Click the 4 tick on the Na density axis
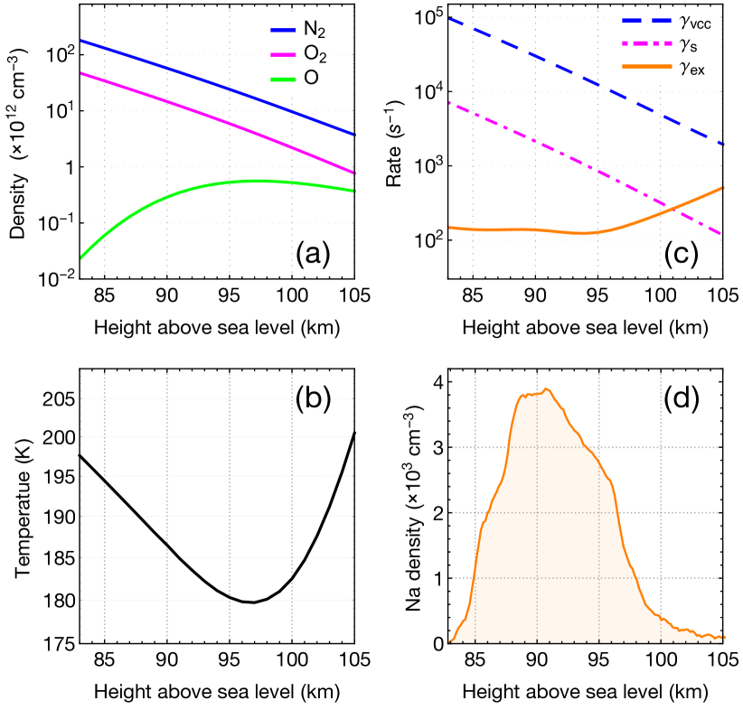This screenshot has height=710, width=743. click(x=437, y=383)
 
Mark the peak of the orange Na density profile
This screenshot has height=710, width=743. click(x=545, y=390)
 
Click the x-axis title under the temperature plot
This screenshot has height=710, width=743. click(x=217, y=692)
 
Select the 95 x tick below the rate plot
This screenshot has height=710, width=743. click(x=597, y=294)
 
